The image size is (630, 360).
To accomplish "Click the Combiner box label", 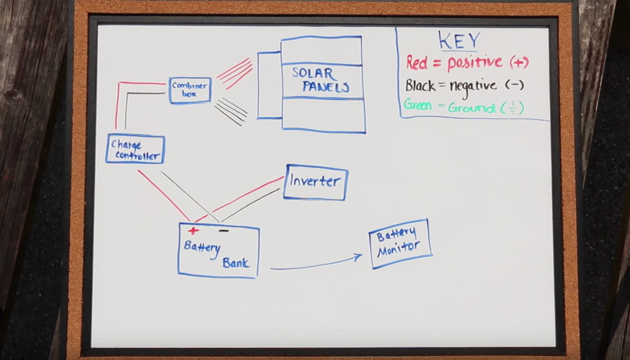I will pyautogui.click(x=190, y=90).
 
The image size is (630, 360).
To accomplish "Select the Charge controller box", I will pyautogui.click(x=135, y=149).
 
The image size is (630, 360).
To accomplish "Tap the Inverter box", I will pyautogui.click(x=315, y=182).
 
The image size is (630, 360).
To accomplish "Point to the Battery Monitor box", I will pyautogui.click(x=399, y=243).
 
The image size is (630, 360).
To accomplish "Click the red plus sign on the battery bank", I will pyautogui.click(x=193, y=231).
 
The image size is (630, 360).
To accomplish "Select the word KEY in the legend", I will pyautogui.click(x=459, y=41).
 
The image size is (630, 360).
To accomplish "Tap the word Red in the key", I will pyautogui.click(x=417, y=63).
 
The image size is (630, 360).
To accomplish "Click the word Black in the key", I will pyautogui.click(x=420, y=85).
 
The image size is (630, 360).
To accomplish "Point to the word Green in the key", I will pyautogui.click(x=418, y=105).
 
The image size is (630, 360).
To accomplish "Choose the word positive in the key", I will pyautogui.click(x=474, y=63).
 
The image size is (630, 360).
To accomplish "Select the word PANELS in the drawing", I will pyautogui.click(x=326, y=87).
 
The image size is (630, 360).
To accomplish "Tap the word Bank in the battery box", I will pyautogui.click(x=236, y=263).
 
